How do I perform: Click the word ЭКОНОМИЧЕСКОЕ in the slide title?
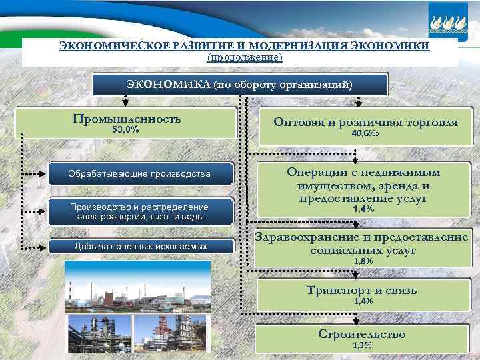point(109,46)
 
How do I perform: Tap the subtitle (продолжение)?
point(245,58)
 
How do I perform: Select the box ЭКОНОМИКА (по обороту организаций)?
point(239,85)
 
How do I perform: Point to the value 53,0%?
point(125,130)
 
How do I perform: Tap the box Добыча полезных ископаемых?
point(141,247)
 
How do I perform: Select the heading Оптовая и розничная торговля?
point(365,123)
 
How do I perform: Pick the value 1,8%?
point(363,261)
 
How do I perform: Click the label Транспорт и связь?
point(362,290)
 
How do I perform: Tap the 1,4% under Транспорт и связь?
point(363,301)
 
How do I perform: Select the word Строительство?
point(362,334)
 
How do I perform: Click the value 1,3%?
point(363,345)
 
